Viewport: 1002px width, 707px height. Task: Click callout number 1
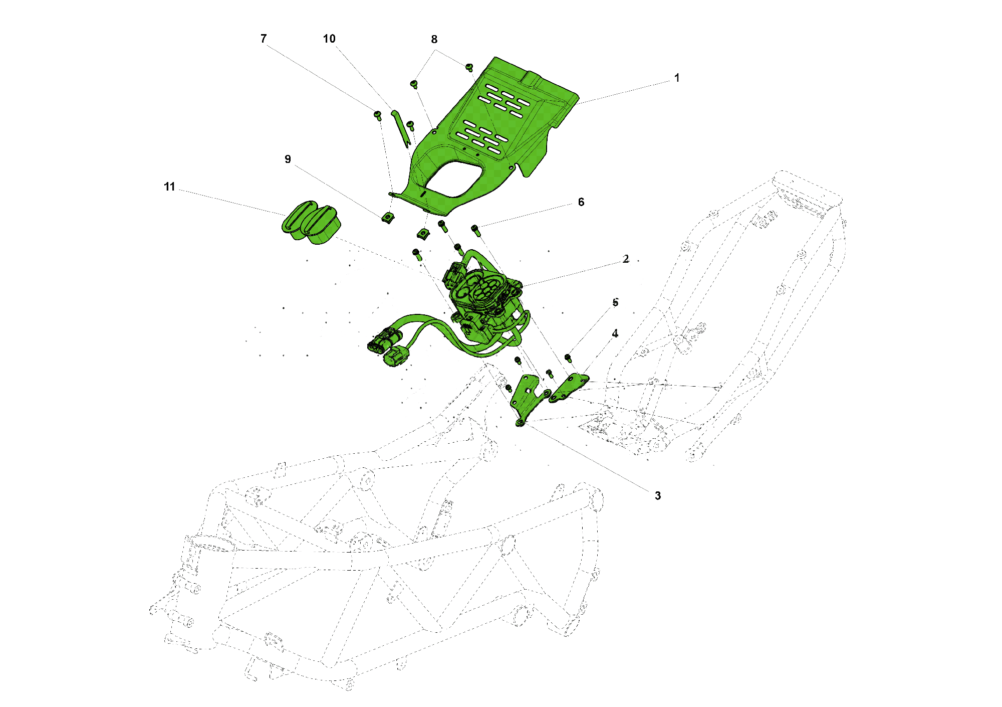677,78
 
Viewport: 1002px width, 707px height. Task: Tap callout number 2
626,259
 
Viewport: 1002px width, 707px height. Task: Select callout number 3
658,496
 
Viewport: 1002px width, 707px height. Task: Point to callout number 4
615,333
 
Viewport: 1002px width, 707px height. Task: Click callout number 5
615,303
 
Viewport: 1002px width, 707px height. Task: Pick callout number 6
581,202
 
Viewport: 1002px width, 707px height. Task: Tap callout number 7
264,39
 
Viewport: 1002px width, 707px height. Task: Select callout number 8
434,40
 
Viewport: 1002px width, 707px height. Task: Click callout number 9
288,159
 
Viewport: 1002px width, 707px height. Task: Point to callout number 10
329,39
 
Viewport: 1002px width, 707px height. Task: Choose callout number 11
169,187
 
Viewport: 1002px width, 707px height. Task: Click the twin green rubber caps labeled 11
311,223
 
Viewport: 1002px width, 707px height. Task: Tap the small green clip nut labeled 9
387,218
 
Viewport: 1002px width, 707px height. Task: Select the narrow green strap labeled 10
401,129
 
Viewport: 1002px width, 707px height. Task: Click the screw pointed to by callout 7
378,115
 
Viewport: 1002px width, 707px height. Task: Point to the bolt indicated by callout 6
475,230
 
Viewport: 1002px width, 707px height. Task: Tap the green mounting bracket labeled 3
526,399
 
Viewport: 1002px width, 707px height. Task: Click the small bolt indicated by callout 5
568,358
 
